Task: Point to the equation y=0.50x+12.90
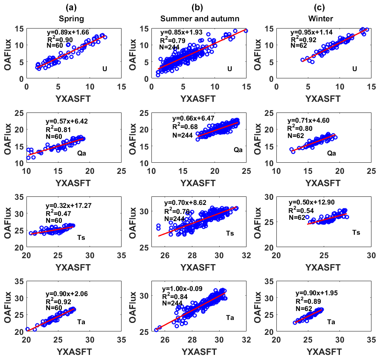tap(312, 202)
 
